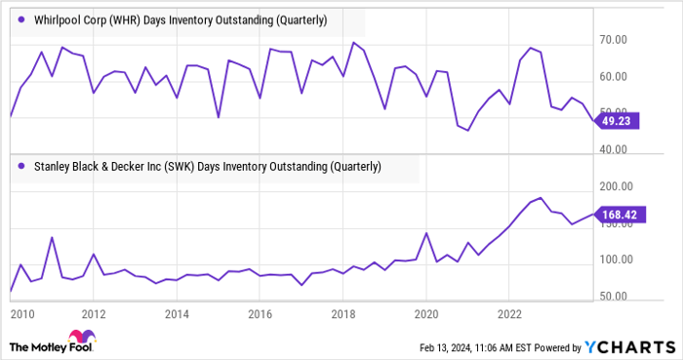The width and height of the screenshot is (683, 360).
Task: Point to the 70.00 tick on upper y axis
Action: point(647,40)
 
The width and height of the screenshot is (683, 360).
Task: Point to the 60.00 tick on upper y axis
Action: point(647,76)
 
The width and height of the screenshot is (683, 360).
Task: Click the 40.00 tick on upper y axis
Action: point(647,149)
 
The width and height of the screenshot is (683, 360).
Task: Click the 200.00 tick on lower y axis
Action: point(649,185)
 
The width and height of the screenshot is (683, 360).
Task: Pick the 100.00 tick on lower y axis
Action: point(649,260)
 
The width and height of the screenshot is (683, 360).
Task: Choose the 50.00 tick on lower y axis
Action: point(647,297)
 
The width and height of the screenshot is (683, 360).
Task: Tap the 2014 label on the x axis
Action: point(177,314)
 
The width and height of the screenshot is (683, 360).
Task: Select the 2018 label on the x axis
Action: point(342,314)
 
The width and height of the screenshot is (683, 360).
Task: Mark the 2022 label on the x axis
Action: point(509,314)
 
